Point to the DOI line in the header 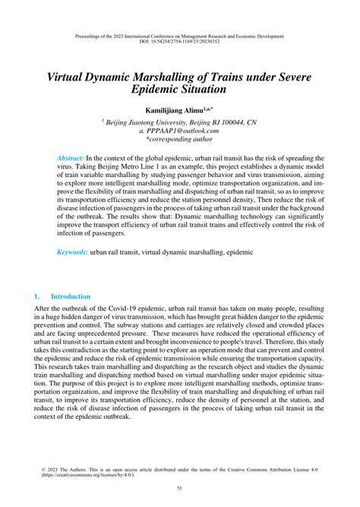tap(179, 43)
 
